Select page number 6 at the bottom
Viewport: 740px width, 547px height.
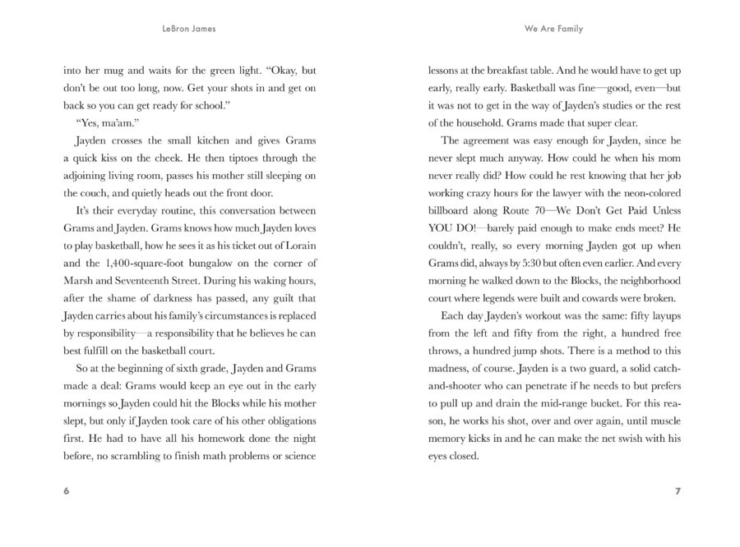click(x=66, y=492)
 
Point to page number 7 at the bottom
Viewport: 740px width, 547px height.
click(x=678, y=492)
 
